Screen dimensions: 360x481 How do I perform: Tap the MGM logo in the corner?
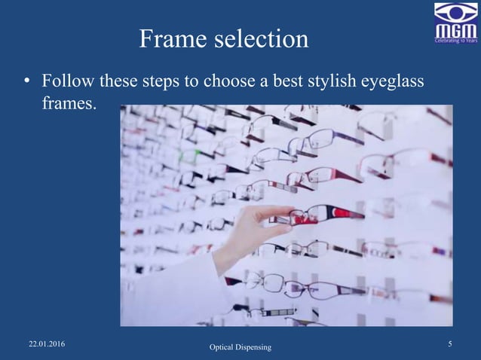point(455,22)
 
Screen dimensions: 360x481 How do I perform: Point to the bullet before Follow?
point(26,80)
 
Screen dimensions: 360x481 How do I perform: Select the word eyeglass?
point(397,80)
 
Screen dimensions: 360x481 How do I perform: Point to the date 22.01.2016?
point(47,344)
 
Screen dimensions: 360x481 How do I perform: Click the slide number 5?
point(449,344)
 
